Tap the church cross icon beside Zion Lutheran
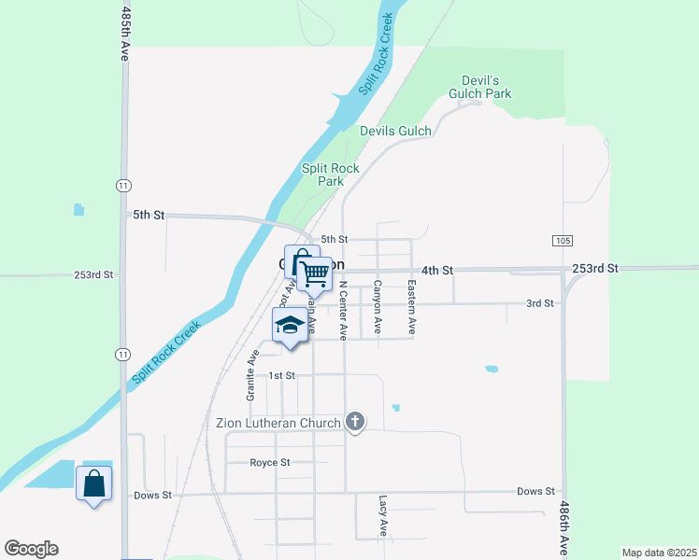click(x=354, y=423)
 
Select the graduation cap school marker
click(x=290, y=326)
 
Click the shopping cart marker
click(x=316, y=273)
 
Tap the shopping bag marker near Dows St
click(x=93, y=483)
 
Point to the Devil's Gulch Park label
click(x=487, y=87)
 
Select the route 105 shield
click(x=562, y=240)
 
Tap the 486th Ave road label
click(x=563, y=527)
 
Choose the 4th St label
click(x=436, y=270)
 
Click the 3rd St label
click(x=539, y=303)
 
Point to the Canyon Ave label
click(x=378, y=307)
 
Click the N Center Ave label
click(x=343, y=310)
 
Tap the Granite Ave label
click(x=251, y=376)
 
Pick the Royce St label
click(x=270, y=462)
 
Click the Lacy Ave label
click(x=383, y=515)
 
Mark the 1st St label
click(x=281, y=375)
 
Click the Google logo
click(x=31, y=549)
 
